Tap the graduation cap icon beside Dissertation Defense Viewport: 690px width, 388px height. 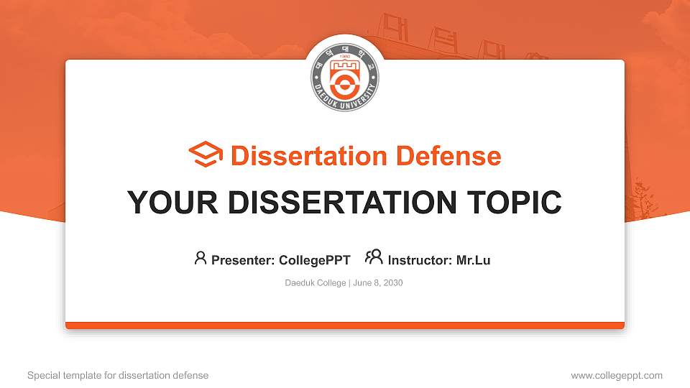click(206, 155)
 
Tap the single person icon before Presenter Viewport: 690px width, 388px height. click(201, 258)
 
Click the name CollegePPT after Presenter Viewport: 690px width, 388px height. click(314, 260)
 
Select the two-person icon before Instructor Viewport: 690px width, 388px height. click(374, 257)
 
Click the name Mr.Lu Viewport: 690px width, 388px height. click(473, 260)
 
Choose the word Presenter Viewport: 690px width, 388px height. click(241, 260)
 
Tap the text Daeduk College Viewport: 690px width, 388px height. click(316, 283)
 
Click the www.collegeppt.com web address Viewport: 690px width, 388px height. click(617, 375)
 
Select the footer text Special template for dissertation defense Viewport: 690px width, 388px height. click(118, 375)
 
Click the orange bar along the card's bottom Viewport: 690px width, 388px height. click(345, 325)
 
